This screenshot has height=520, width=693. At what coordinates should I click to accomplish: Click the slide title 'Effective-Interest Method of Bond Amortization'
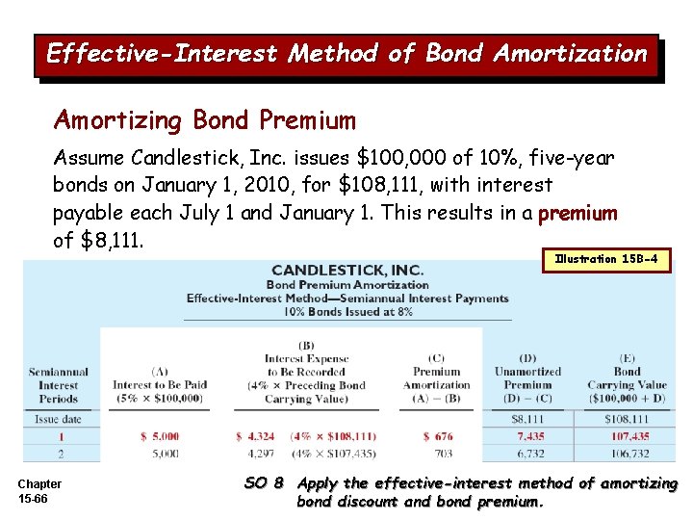pyautogui.click(x=346, y=54)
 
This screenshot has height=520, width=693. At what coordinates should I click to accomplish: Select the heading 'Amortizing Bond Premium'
pyautogui.click(x=205, y=120)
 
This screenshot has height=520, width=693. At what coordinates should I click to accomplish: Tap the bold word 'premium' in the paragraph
pyautogui.click(x=577, y=212)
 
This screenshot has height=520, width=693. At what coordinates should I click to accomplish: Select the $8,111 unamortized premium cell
pyautogui.click(x=528, y=419)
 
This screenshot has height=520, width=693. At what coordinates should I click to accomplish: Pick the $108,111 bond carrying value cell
pyautogui.click(x=626, y=419)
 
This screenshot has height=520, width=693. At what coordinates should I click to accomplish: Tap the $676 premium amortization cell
pyautogui.click(x=437, y=436)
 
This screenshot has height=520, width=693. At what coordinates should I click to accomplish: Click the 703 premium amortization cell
pyautogui.click(x=437, y=453)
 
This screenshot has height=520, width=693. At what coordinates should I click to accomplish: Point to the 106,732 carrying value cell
pyautogui.click(x=626, y=453)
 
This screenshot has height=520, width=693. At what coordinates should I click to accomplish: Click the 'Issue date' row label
pyautogui.click(x=59, y=419)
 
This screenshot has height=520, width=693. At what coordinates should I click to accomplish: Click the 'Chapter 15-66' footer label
pyautogui.click(x=39, y=490)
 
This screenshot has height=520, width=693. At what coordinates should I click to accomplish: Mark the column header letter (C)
pyautogui.click(x=436, y=358)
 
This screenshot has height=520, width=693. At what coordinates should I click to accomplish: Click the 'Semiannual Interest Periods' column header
pyautogui.click(x=59, y=384)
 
